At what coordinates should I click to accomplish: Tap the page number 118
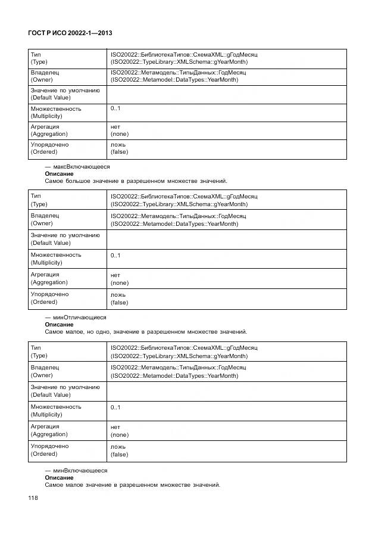(33, 499)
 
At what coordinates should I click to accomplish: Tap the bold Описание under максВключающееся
(59, 173)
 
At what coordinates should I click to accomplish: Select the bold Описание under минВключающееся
(59, 477)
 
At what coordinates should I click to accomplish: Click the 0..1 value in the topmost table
(115, 108)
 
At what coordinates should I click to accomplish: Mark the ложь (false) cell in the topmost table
(119, 148)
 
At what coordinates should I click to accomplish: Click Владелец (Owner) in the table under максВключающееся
(45, 219)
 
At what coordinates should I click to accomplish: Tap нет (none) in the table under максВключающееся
(119, 279)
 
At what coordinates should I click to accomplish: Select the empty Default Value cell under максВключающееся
(226, 239)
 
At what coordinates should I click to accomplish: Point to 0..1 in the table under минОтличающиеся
(115, 407)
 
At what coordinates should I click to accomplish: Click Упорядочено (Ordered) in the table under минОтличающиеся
(49, 450)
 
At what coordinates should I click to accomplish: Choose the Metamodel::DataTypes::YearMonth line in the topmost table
(174, 80)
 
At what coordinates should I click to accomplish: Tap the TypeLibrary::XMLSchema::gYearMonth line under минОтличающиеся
(179, 356)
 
